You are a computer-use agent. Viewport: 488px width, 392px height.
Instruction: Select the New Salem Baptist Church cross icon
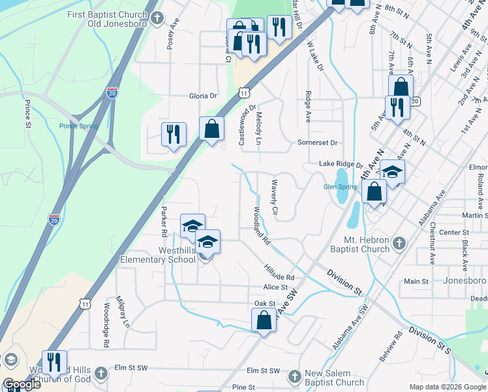(x=295, y=376)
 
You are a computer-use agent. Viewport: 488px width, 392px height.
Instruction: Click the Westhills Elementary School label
(x=158, y=255)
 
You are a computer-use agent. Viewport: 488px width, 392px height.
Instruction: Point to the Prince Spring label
(x=78, y=126)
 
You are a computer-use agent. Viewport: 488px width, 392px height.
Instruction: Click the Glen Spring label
(x=341, y=186)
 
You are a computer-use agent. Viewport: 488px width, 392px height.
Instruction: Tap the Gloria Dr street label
(x=203, y=95)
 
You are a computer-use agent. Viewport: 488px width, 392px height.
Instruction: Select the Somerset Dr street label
(x=317, y=142)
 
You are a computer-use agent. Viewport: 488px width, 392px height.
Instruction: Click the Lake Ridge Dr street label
(x=340, y=164)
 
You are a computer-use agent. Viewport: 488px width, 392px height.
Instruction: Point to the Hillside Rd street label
(x=280, y=268)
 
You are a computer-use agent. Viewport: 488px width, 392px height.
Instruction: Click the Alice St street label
(x=275, y=287)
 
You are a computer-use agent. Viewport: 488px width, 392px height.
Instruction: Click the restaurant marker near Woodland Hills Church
(x=54, y=363)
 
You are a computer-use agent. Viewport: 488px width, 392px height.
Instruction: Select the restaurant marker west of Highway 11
(x=174, y=135)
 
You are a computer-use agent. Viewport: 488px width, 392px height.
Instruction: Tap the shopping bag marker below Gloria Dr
(x=212, y=129)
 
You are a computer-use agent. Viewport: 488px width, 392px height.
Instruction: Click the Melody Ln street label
(x=259, y=128)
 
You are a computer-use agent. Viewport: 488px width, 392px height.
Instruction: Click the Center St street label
(x=450, y=233)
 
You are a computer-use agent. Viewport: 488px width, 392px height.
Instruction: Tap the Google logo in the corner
(x=22, y=385)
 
